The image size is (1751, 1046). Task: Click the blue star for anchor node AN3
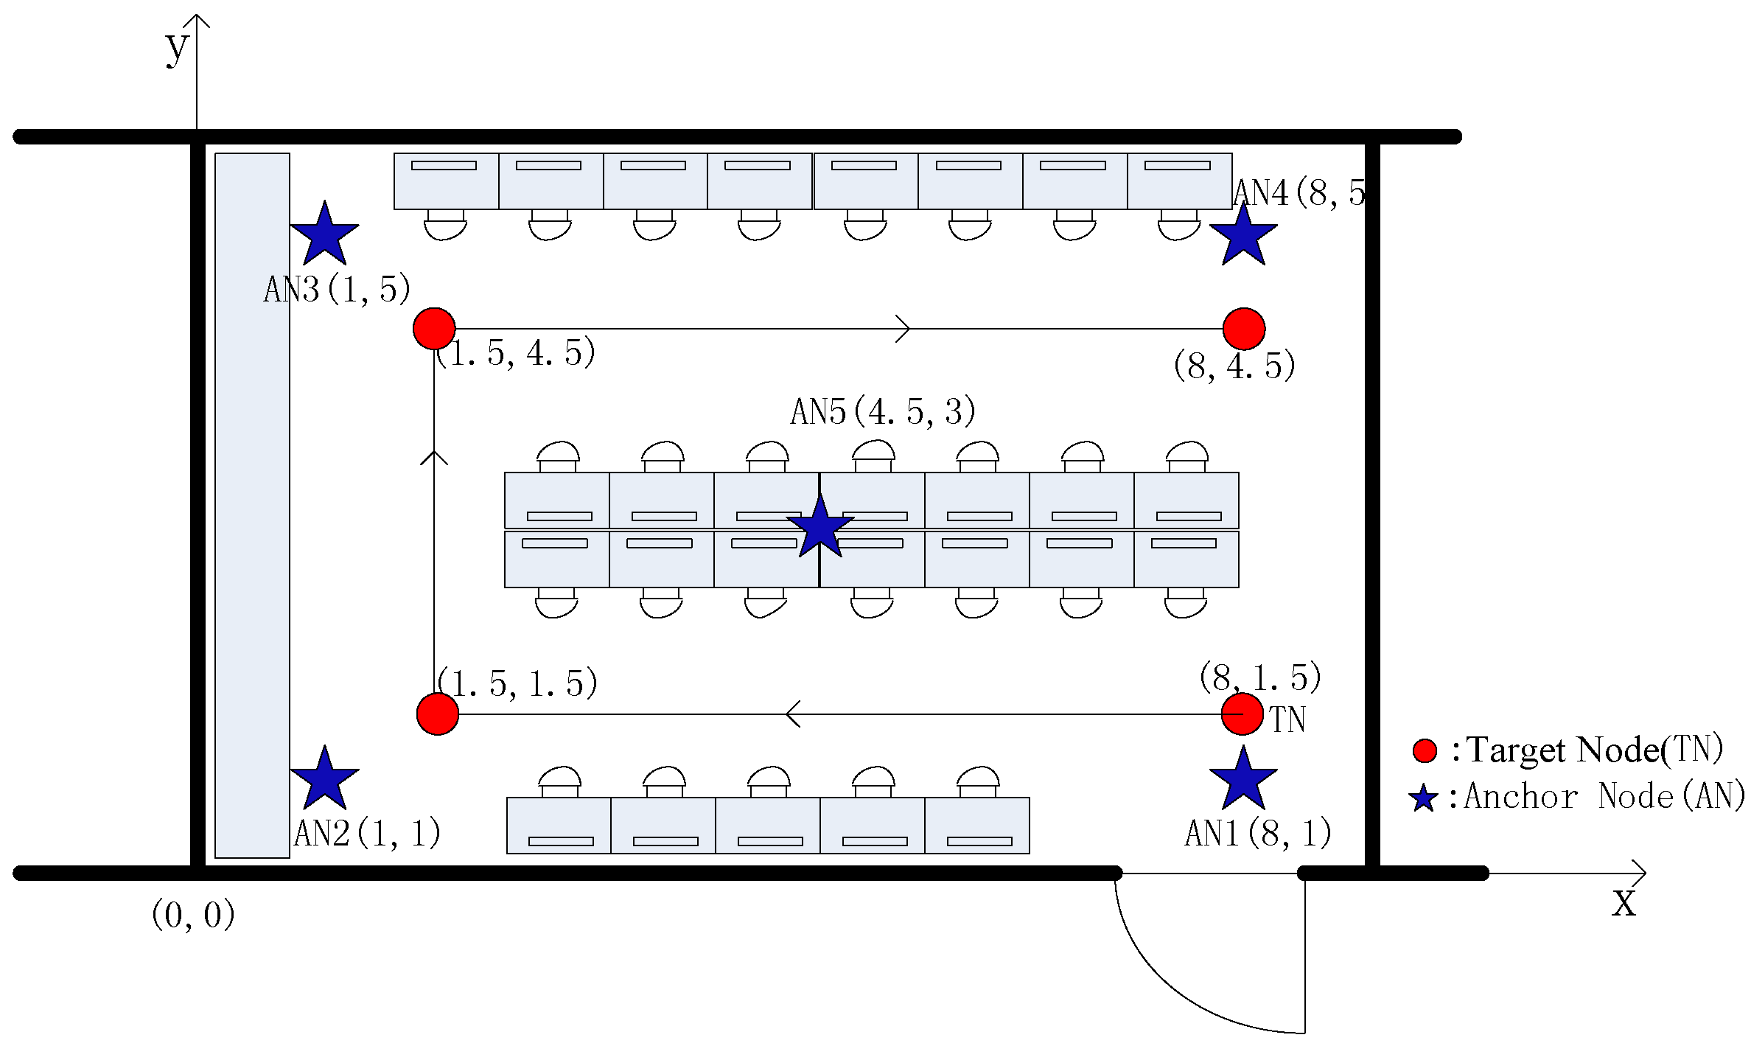(324, 234)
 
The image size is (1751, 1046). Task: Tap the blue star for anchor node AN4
(1243, 235)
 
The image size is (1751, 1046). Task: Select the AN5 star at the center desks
(819, 527)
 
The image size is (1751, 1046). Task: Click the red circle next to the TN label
(1242, 714)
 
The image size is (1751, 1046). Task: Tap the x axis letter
(1624, 902)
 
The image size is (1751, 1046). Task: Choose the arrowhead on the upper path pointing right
(904, 329)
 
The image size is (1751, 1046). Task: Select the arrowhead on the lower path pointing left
(793, 714)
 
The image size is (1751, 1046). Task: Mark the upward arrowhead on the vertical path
(434, 457)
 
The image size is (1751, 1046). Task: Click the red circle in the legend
(1425, 750)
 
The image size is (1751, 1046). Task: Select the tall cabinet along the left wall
(252, 505)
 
